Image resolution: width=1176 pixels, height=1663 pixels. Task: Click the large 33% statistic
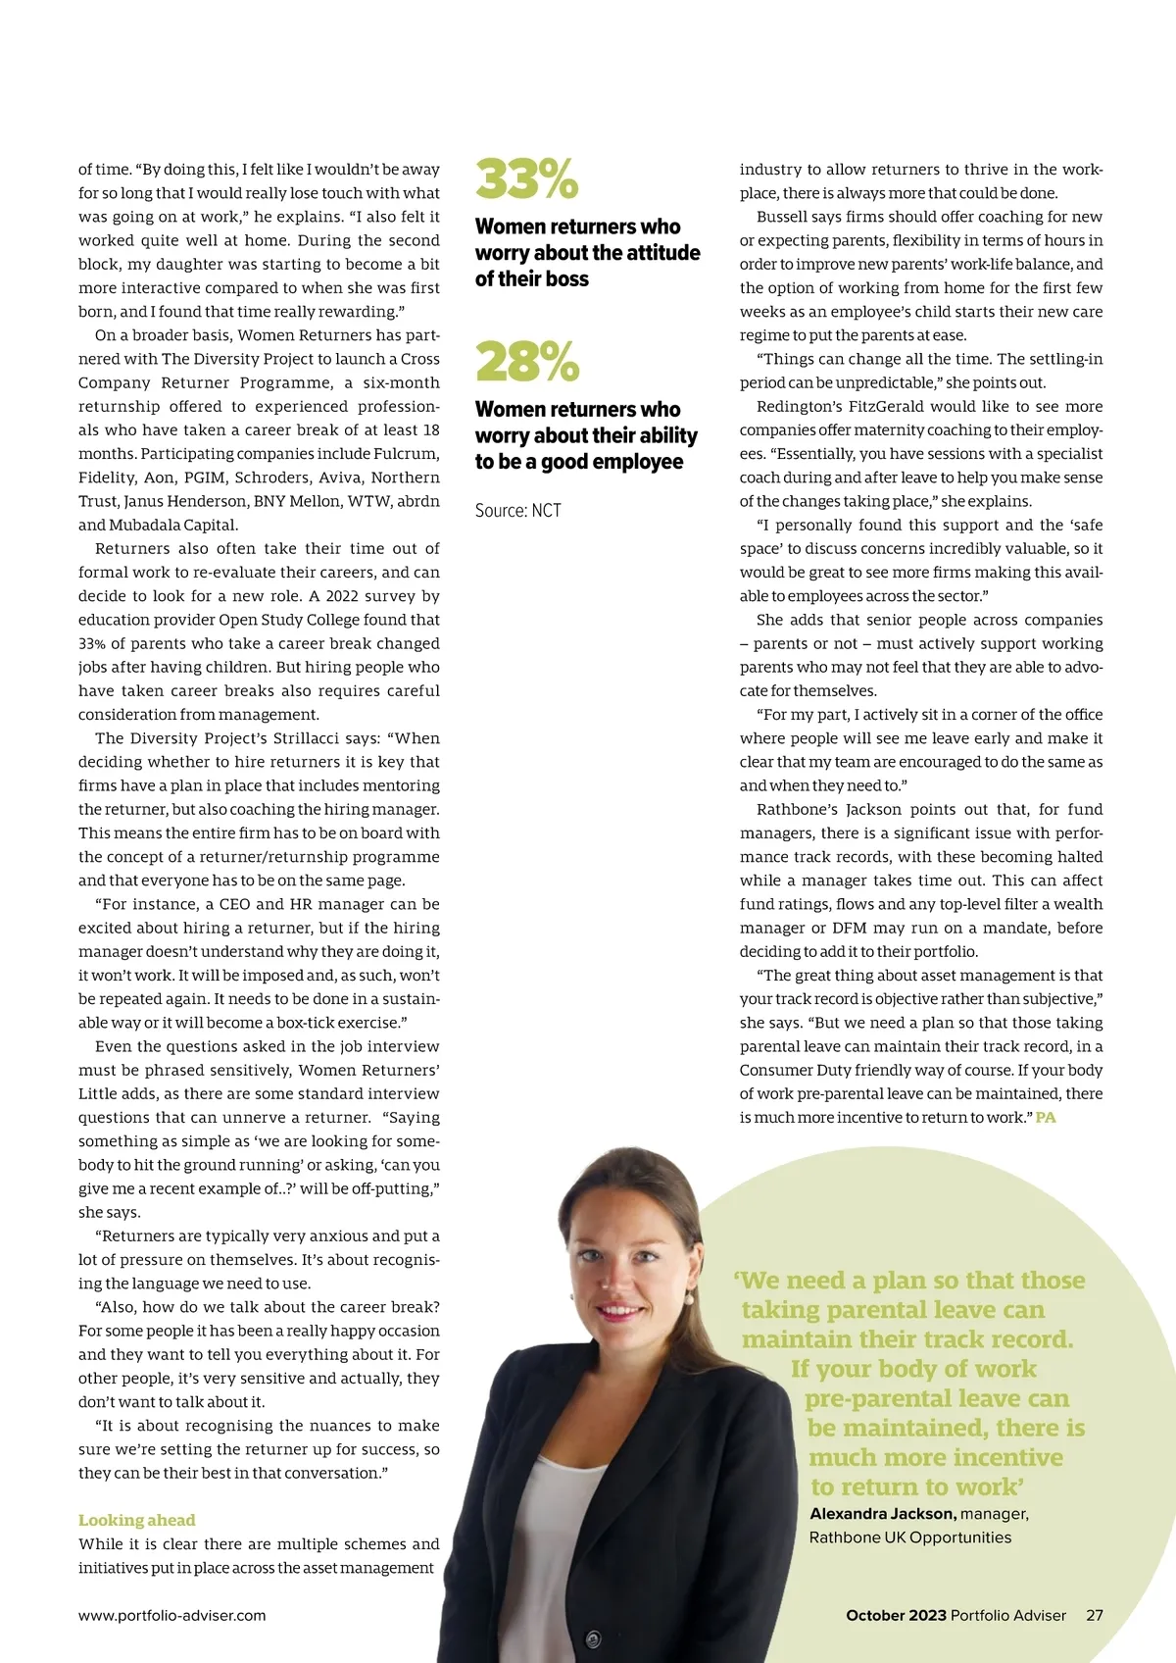point(526,179)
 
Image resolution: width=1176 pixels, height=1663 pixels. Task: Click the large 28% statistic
point(527,362)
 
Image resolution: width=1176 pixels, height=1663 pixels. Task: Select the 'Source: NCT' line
point(517,510)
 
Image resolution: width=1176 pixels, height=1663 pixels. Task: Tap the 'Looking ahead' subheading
point(136,1520)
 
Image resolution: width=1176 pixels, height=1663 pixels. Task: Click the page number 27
point(1095,1615)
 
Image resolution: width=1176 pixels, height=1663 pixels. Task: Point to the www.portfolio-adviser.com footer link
point(171,1615)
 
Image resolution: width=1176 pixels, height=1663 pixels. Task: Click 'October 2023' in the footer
point(896,1615)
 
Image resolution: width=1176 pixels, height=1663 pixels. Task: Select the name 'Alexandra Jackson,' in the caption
point(882,1513)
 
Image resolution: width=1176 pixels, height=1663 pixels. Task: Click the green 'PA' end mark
point(1046,1118)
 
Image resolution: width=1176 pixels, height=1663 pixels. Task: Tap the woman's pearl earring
point(689,1297)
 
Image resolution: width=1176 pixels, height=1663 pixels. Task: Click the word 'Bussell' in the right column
point(783,217)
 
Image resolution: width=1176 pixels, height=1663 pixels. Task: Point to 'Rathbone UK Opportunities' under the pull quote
point(909,1537)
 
